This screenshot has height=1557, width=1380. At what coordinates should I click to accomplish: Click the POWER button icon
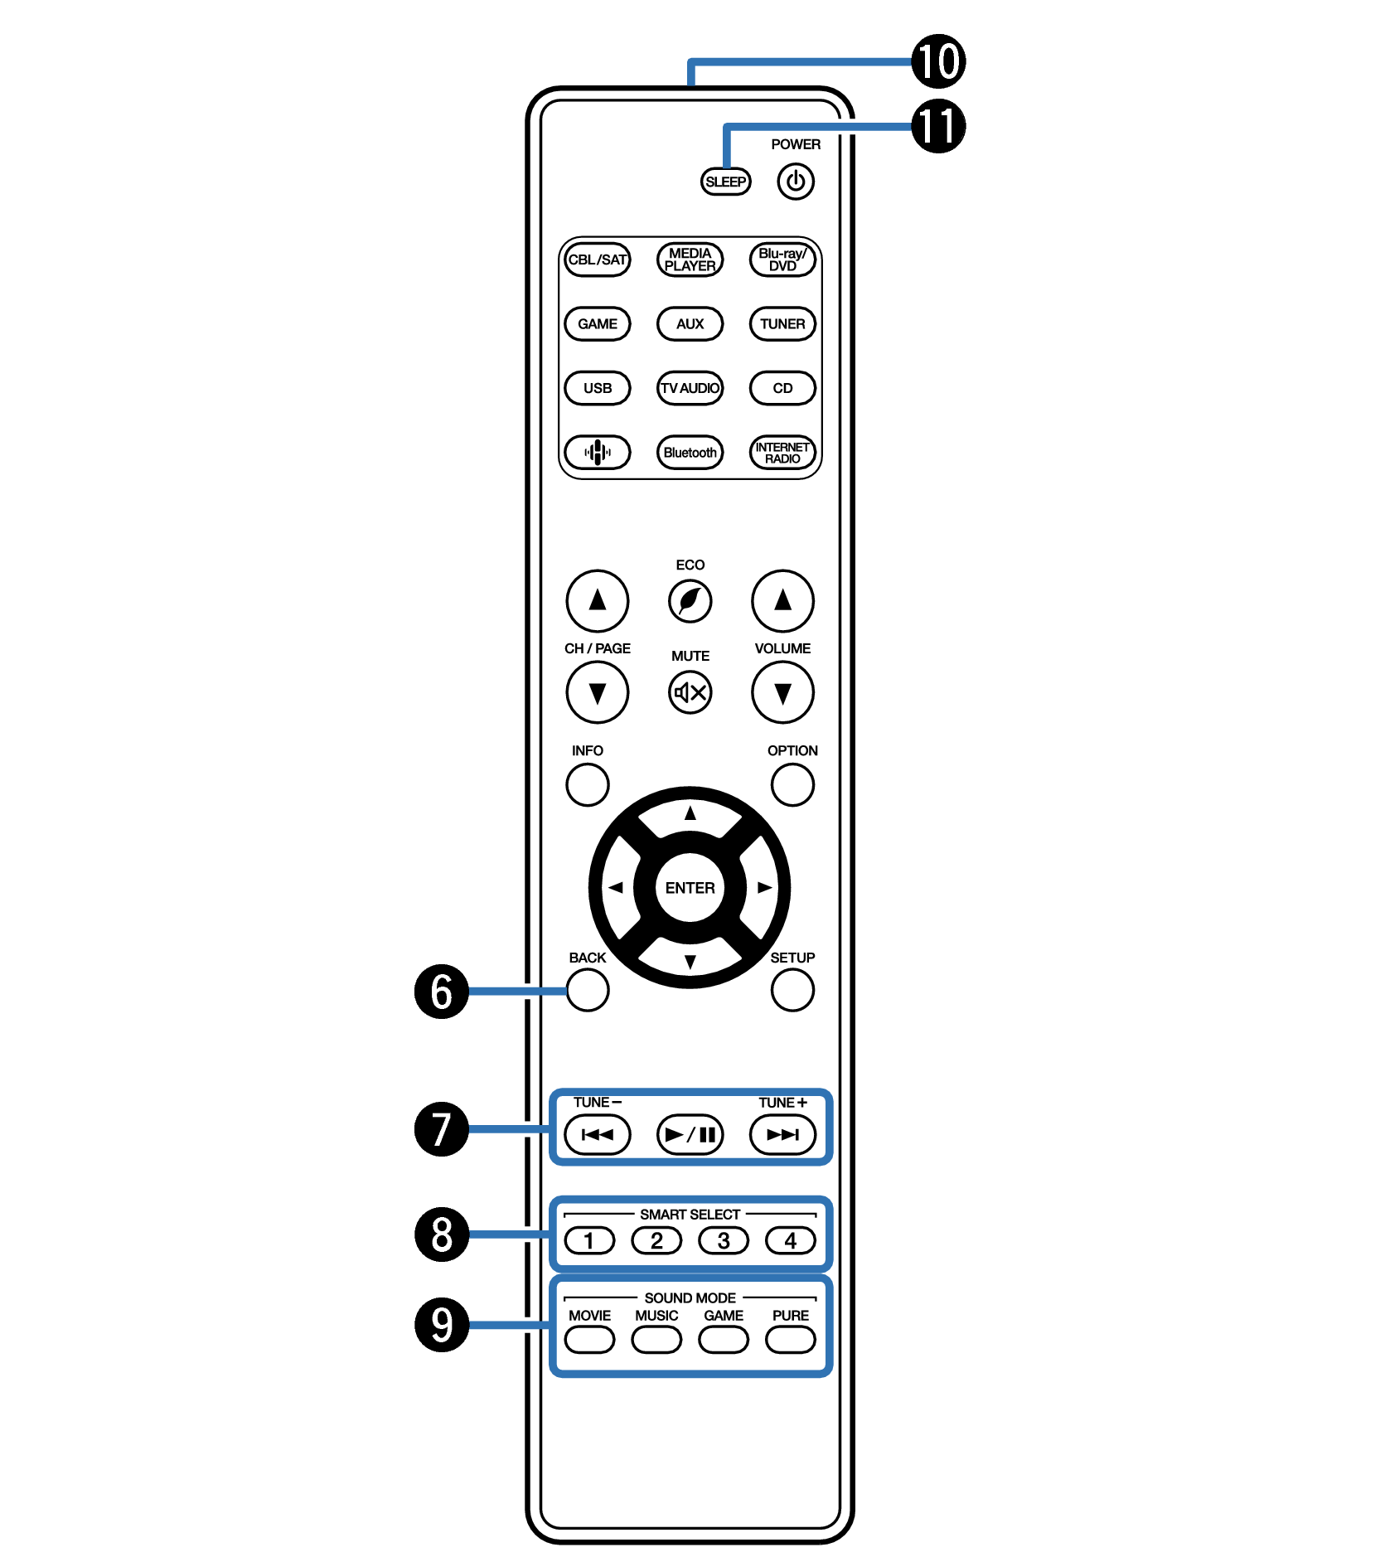[x=795, y=182]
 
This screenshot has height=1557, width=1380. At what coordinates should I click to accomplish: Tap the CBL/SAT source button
[x=597, y=259]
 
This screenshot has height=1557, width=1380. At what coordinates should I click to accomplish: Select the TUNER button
[x=782, y=324]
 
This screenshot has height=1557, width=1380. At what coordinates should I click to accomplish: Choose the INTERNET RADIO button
[x=782, y=453]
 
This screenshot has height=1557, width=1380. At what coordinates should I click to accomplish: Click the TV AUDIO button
[x=690, y=388]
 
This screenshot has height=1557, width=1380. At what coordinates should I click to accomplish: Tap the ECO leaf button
[x=690, y=600]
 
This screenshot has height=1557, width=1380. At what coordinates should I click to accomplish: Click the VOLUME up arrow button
[x=782, y=600]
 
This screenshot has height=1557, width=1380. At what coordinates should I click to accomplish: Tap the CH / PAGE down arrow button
[x=597, y=692]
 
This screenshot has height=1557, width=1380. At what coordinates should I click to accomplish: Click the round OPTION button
[x=792, y=784]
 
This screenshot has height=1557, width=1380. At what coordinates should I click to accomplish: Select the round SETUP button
[x=792, y=990]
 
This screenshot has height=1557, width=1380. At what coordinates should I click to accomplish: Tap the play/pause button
[x=690, y=1134]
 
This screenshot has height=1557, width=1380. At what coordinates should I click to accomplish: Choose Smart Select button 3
[x=724, y=1240]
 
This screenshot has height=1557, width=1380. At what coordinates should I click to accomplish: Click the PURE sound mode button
[x=791, y=1339]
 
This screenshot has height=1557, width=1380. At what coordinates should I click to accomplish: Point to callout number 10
[x=938, y=61]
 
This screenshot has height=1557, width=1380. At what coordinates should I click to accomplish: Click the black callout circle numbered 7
[x=442, y=1128]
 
